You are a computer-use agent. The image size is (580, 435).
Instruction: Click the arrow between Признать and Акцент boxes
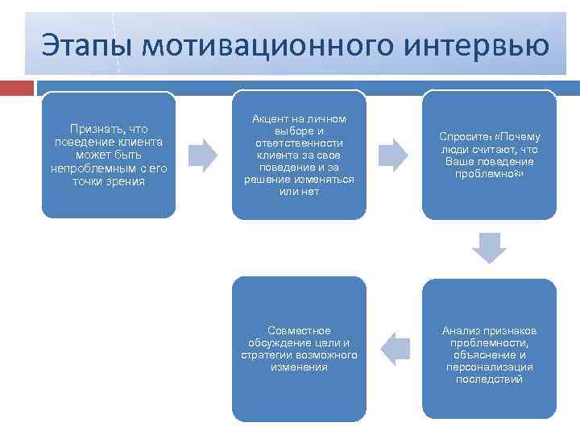[203, 155]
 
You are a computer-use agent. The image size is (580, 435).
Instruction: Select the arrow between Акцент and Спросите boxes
[393, 155]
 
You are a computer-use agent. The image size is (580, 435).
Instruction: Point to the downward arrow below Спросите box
[489, 248]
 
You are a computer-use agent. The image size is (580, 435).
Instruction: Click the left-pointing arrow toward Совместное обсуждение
[393, 348]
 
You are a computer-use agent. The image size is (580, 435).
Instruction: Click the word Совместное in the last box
[299, 331]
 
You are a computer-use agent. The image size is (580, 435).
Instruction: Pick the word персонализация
[489, 367]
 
